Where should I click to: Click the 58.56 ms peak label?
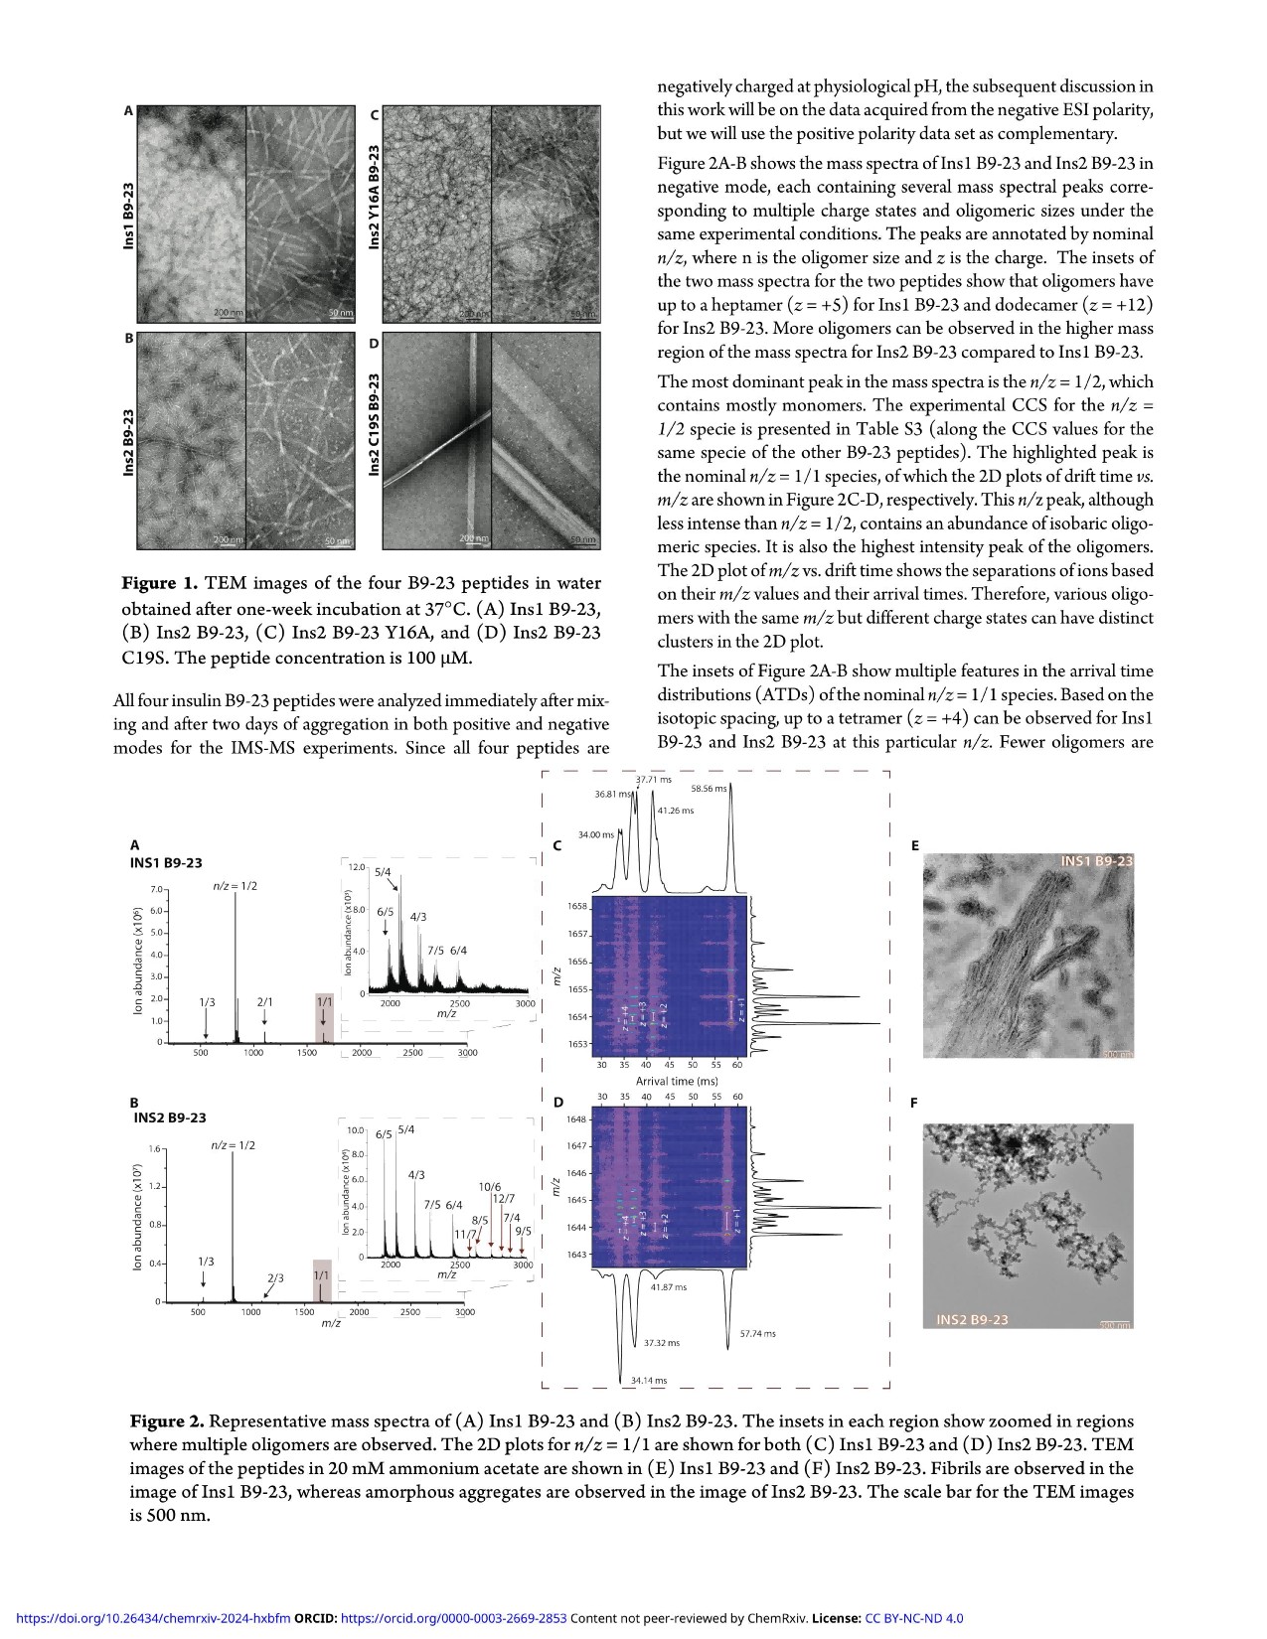click(x=709, y=789)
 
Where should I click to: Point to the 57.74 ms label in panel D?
click(x=758, y=1334)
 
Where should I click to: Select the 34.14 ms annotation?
click(x=649, y=1381)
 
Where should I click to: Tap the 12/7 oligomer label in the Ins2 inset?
click(x=504, y=1199)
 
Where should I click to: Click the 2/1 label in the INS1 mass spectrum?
click(x=265, y=1002)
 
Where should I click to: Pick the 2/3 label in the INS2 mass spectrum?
click(x=275, y=1278)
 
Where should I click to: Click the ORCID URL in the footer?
click(x=453, y=1618)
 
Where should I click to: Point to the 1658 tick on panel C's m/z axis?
click(x=576, y=907)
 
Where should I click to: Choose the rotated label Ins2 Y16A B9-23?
click(x=375, y=197)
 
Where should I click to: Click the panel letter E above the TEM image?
click(x=915, y=845)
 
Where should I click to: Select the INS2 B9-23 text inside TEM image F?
click(x=972, y=1319)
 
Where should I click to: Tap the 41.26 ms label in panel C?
click(x=676, y=811)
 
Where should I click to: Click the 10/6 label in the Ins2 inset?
click(x=490, y=1186)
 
